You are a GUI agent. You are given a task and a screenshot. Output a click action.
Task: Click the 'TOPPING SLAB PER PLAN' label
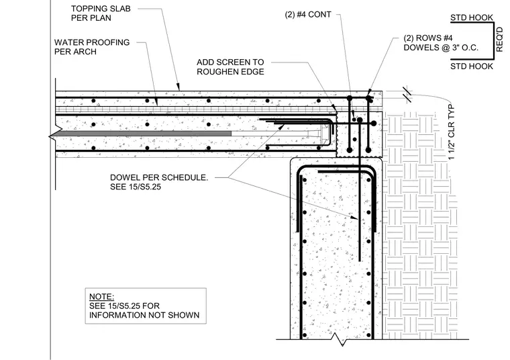101,13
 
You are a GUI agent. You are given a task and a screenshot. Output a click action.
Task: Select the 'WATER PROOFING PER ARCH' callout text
92,47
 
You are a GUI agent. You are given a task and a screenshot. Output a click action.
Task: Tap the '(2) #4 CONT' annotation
308,15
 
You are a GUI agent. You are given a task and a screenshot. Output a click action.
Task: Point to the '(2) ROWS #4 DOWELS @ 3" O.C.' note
441,43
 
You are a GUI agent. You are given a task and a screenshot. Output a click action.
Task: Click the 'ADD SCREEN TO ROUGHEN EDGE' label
230,67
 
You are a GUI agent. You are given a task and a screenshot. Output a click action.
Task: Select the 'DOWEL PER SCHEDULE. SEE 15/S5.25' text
159,182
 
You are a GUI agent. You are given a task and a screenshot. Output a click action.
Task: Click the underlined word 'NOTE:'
101,297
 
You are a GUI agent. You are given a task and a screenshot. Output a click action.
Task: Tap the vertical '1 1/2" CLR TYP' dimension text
452,132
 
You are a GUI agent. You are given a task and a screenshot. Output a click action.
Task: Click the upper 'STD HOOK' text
472,17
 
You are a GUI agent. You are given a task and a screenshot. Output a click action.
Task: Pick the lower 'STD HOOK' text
472,66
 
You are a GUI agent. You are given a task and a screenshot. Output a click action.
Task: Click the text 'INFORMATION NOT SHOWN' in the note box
144,315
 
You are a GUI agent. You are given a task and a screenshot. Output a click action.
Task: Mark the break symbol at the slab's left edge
53,137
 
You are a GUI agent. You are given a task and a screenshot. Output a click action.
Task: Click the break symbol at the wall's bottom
340,340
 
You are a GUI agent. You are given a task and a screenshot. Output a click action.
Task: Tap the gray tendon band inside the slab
144,134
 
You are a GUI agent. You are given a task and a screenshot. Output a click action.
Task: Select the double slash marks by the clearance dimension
407,95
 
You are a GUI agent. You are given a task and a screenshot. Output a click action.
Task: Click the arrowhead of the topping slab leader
178,87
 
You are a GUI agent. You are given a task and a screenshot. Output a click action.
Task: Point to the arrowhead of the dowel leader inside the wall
355,217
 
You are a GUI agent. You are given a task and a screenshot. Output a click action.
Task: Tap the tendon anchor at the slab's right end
324,134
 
